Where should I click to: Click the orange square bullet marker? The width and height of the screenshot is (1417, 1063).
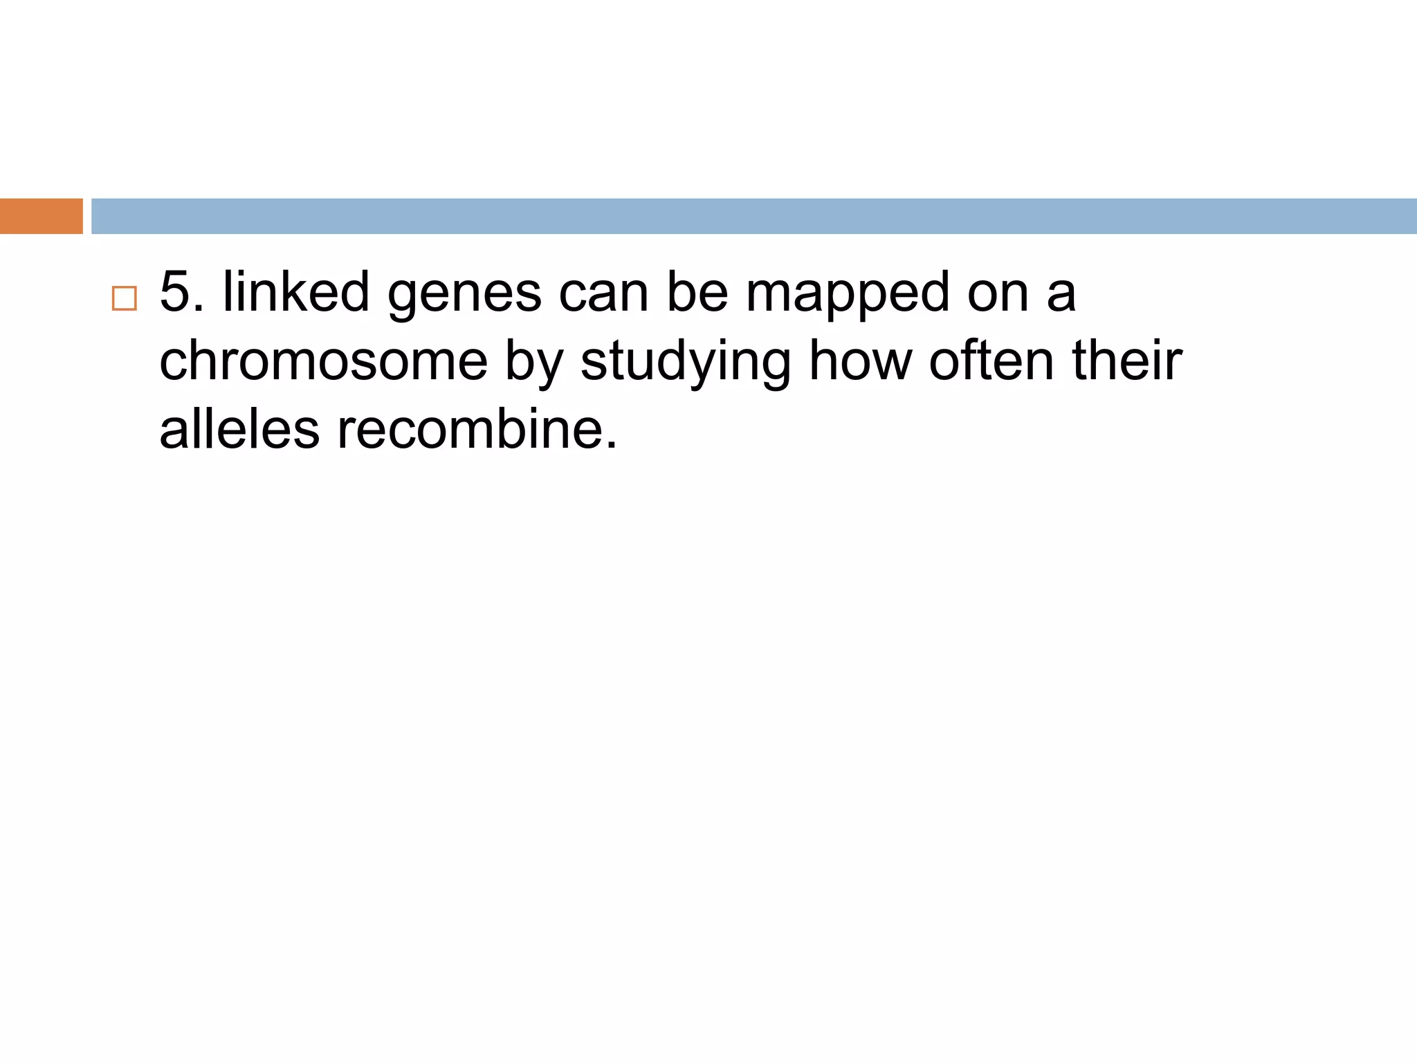[125, 298]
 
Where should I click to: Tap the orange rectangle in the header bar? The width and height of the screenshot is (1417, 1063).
[41, 216]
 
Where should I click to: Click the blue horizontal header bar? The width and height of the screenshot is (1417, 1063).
[753, 216]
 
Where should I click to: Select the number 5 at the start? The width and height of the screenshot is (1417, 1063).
[174, 291]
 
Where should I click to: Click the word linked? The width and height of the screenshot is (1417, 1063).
[296, 291]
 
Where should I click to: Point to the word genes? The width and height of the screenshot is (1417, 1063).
[464, 295]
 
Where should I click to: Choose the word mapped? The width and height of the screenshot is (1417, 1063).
[848, 295]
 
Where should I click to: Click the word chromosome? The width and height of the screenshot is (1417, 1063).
[323, 361]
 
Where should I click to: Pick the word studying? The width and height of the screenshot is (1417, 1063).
[686, 363]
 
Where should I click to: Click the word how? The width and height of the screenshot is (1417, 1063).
[860, 361]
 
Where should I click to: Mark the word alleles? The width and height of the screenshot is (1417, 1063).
[239, 429]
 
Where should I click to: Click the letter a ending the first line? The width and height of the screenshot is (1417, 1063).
[1061, 294]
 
